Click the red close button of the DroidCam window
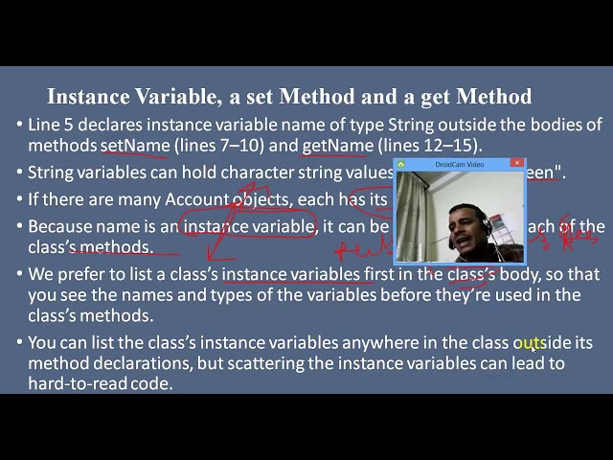[517, 164]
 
